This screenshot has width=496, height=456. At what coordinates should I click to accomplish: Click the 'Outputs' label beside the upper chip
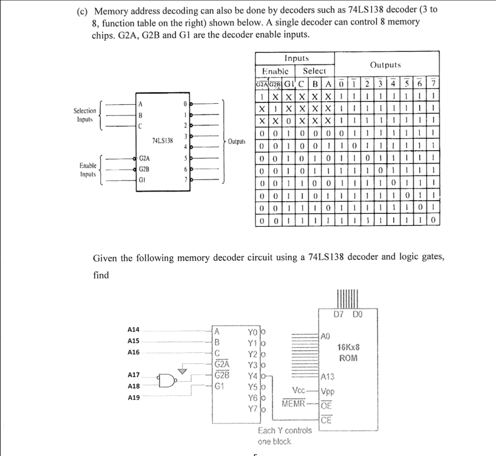[x=237, y=142]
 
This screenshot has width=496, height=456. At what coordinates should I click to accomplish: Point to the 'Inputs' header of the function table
[x=297, y=58]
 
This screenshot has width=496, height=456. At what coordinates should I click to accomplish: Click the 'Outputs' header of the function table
[x=385, y=65]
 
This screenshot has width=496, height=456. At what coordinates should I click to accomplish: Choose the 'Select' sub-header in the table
[x=314, y=71]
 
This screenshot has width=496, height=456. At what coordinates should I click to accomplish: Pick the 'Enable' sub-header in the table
[x=275, y=71]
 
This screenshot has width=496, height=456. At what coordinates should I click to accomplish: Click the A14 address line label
[x=133, y=330]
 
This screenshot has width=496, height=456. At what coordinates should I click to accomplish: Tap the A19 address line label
[x=133, y=397]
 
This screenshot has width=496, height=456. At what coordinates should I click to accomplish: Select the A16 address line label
[x=133, y=352]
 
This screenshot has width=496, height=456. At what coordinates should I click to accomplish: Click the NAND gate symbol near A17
[x=165, y=380]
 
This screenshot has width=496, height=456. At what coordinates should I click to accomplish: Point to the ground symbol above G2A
[x=183, y=371]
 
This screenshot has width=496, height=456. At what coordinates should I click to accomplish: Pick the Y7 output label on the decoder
[x=252, y=409]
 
